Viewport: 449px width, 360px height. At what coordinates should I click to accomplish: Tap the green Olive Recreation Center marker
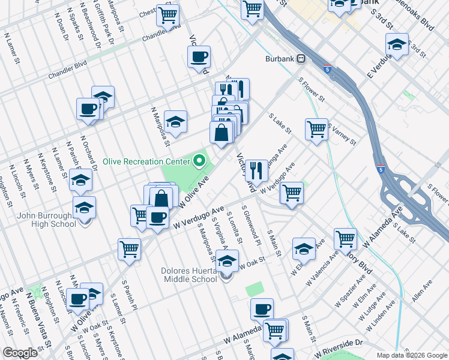200,161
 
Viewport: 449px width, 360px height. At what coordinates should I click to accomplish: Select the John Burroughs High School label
42,220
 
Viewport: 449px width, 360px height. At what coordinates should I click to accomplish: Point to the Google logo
20,353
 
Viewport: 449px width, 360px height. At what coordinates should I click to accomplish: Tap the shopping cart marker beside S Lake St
316,129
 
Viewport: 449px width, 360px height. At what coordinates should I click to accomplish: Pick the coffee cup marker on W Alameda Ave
262,310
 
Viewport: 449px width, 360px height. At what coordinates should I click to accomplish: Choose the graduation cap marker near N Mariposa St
175,122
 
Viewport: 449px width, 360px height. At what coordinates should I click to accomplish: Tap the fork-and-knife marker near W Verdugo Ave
257,170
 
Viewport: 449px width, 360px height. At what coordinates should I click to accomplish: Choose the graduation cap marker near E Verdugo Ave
397,45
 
